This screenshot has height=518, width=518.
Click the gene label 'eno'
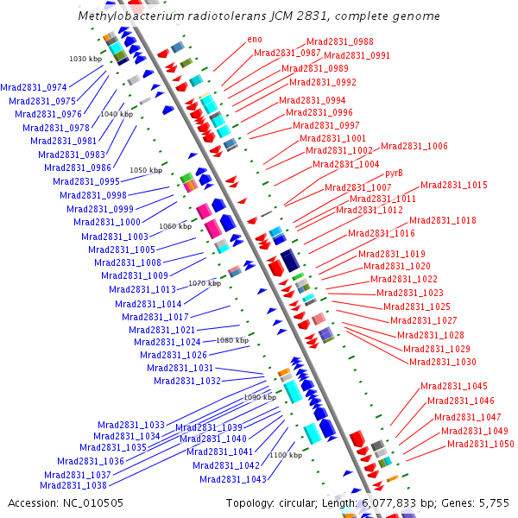pyautogui.click(x=255, y=39)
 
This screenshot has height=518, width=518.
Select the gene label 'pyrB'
pyautogui.click(x=395, y=174)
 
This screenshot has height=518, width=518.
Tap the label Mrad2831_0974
pyautogui.click(x=34, y=88)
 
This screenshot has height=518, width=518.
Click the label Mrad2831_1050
pyautogui.click(x=480, y=445)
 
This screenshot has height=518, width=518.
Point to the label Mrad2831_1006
pyautogui.click(x=414, y=147)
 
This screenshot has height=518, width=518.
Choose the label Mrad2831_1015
pyautogui.click(x=454, y=186)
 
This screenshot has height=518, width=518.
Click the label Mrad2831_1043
pyautogui.click(x=233, y=479)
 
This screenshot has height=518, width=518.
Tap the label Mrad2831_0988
pyautogui.click(x=340, y=42)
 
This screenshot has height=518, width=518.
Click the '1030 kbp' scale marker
pyautogui.click(x=85, y=59)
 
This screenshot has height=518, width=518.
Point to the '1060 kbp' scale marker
pyautogui.click(x=175, y=226)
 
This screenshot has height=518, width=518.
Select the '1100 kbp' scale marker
pyautogui.click(x=286, y=455)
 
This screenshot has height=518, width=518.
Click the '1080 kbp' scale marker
pyautogui.click(x=232, y=340)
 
